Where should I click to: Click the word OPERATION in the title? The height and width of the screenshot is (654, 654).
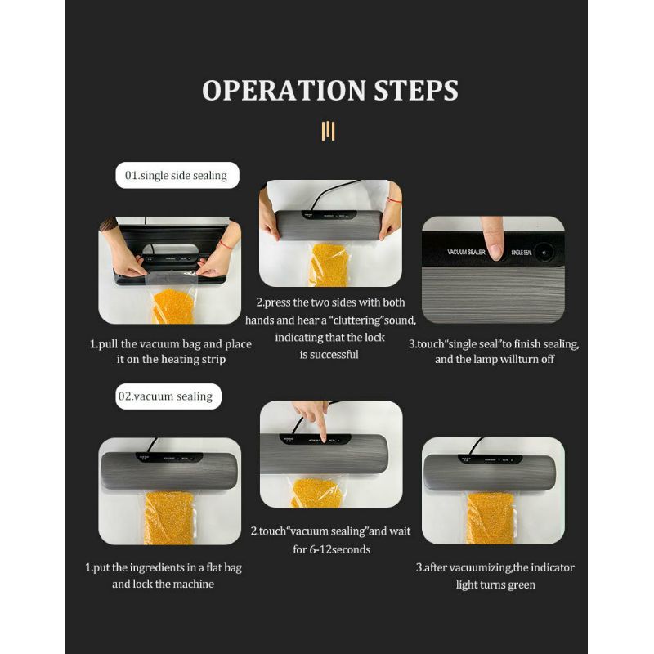click(x=284, y=90)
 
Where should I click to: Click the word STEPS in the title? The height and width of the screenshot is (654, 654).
click(x=416, y=90)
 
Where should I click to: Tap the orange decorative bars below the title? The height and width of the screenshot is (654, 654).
click(x=329, y=131)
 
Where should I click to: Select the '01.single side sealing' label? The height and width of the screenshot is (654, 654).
click(x=177, y=175)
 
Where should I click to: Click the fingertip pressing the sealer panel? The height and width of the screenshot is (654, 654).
click(x=495, y=252)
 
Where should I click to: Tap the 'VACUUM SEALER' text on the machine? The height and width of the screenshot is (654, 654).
click(x=466, y=252)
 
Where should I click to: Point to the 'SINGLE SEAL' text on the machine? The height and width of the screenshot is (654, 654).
click(x=522, y=253)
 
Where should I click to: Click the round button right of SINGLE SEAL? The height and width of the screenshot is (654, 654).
click(x=544, y=252)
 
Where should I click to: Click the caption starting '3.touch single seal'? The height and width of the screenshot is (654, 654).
click(x=494, y=352)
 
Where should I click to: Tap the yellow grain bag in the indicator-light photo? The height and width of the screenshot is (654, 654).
click(x=490, y=518)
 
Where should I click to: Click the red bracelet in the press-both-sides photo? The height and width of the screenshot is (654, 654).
click(x=394, y=200)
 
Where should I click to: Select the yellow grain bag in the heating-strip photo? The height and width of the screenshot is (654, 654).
click(x=173, y=307)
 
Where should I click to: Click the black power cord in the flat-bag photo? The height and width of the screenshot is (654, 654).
click(x=154, y=446)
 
